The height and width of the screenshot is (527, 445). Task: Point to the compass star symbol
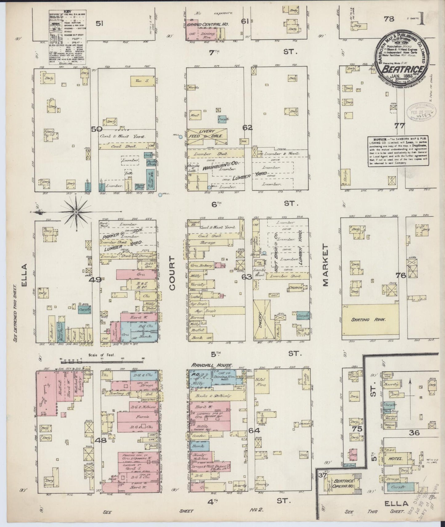(76, 212)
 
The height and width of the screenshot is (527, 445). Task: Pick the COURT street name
(172, 273)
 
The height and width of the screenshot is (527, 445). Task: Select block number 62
(247, 128)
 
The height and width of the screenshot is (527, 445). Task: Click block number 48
(101, 440)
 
